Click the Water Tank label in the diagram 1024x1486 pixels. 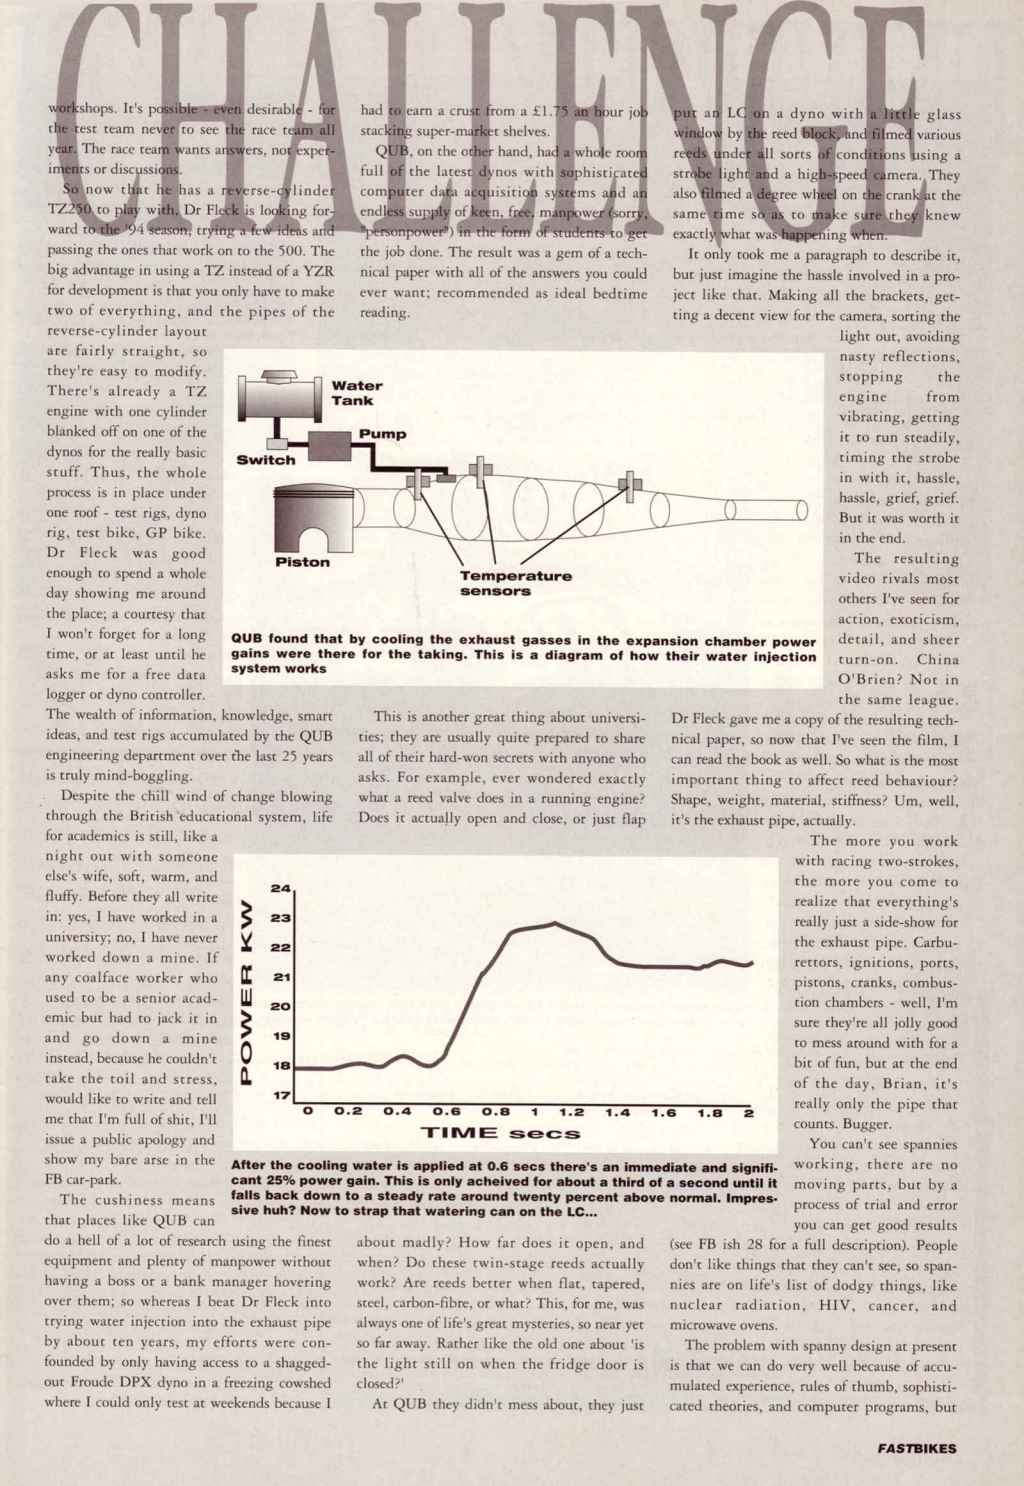[352, 393]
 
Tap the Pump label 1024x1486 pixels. [382, 434]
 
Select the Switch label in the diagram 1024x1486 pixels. [265, 460]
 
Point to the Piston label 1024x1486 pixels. [302, 562]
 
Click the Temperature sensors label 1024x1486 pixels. [515, 583]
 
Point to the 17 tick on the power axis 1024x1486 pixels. [281, 1096]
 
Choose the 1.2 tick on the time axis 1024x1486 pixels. [571, 1112]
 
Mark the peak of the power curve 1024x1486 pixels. [553, 923]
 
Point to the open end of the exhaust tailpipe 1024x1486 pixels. [802, 509]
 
